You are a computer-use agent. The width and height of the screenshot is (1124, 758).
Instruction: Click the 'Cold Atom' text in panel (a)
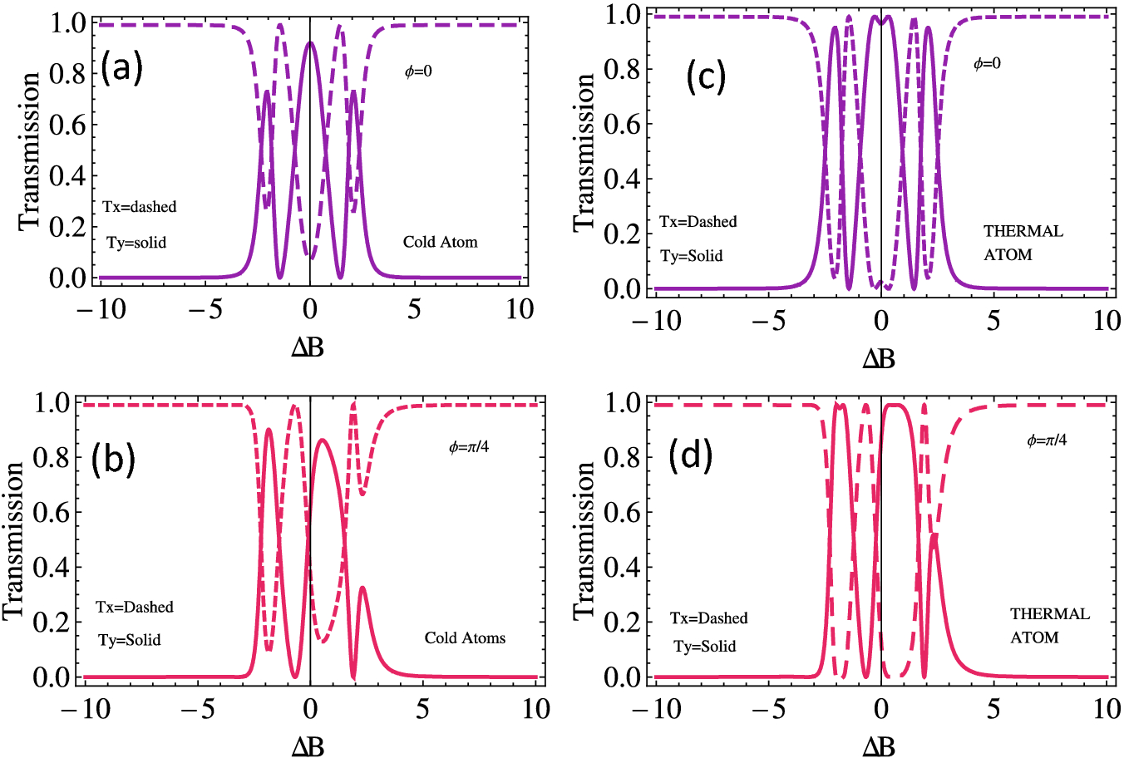pos(440,243)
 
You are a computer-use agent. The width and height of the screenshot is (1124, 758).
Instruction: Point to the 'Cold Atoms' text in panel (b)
pos(465,638)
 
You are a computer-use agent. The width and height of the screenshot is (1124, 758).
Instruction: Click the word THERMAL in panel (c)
pos(1023,232)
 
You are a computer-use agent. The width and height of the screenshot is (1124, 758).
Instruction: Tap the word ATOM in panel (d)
pos(1034,638)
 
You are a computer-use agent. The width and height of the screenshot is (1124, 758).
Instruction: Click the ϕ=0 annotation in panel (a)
pos(418,71)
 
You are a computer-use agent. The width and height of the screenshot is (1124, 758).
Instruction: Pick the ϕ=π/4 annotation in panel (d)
pos(1047,440)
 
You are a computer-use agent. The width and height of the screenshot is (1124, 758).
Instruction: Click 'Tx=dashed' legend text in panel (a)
pos(140,207)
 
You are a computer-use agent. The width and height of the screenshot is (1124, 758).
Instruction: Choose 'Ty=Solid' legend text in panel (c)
pos(692,256)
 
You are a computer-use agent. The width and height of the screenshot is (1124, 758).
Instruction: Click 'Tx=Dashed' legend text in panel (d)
pos(709,618)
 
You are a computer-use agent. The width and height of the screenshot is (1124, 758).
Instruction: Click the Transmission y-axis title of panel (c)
pos(584,151)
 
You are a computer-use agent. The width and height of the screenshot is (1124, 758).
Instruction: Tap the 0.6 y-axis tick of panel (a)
pos(67,125)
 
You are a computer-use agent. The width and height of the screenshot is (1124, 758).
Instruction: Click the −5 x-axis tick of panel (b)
pos(196,709)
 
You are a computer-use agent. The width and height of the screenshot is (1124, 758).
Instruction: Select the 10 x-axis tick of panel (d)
pos(1107,709)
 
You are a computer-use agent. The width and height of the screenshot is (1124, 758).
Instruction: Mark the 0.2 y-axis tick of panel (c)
pos(621,234)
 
